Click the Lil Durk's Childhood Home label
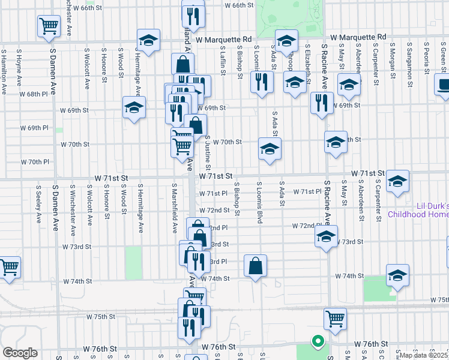click(x=418, y=210)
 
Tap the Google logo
click(x=20, y=353)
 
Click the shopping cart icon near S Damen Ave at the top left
click(x=49, y=26)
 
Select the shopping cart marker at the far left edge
click(x=8, y=268)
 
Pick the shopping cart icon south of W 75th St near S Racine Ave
click(x=335, y=319)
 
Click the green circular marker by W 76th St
click(x=317, y=342)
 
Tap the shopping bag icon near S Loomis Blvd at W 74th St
click(x=256, y=266)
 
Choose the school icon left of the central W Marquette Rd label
click(x=148, y=40)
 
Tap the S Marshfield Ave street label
click(x=174, y=208)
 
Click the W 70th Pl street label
click(x=34, y=162)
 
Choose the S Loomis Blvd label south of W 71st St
click(x=260, y=203)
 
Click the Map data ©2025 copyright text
click(x=424, y=355)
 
